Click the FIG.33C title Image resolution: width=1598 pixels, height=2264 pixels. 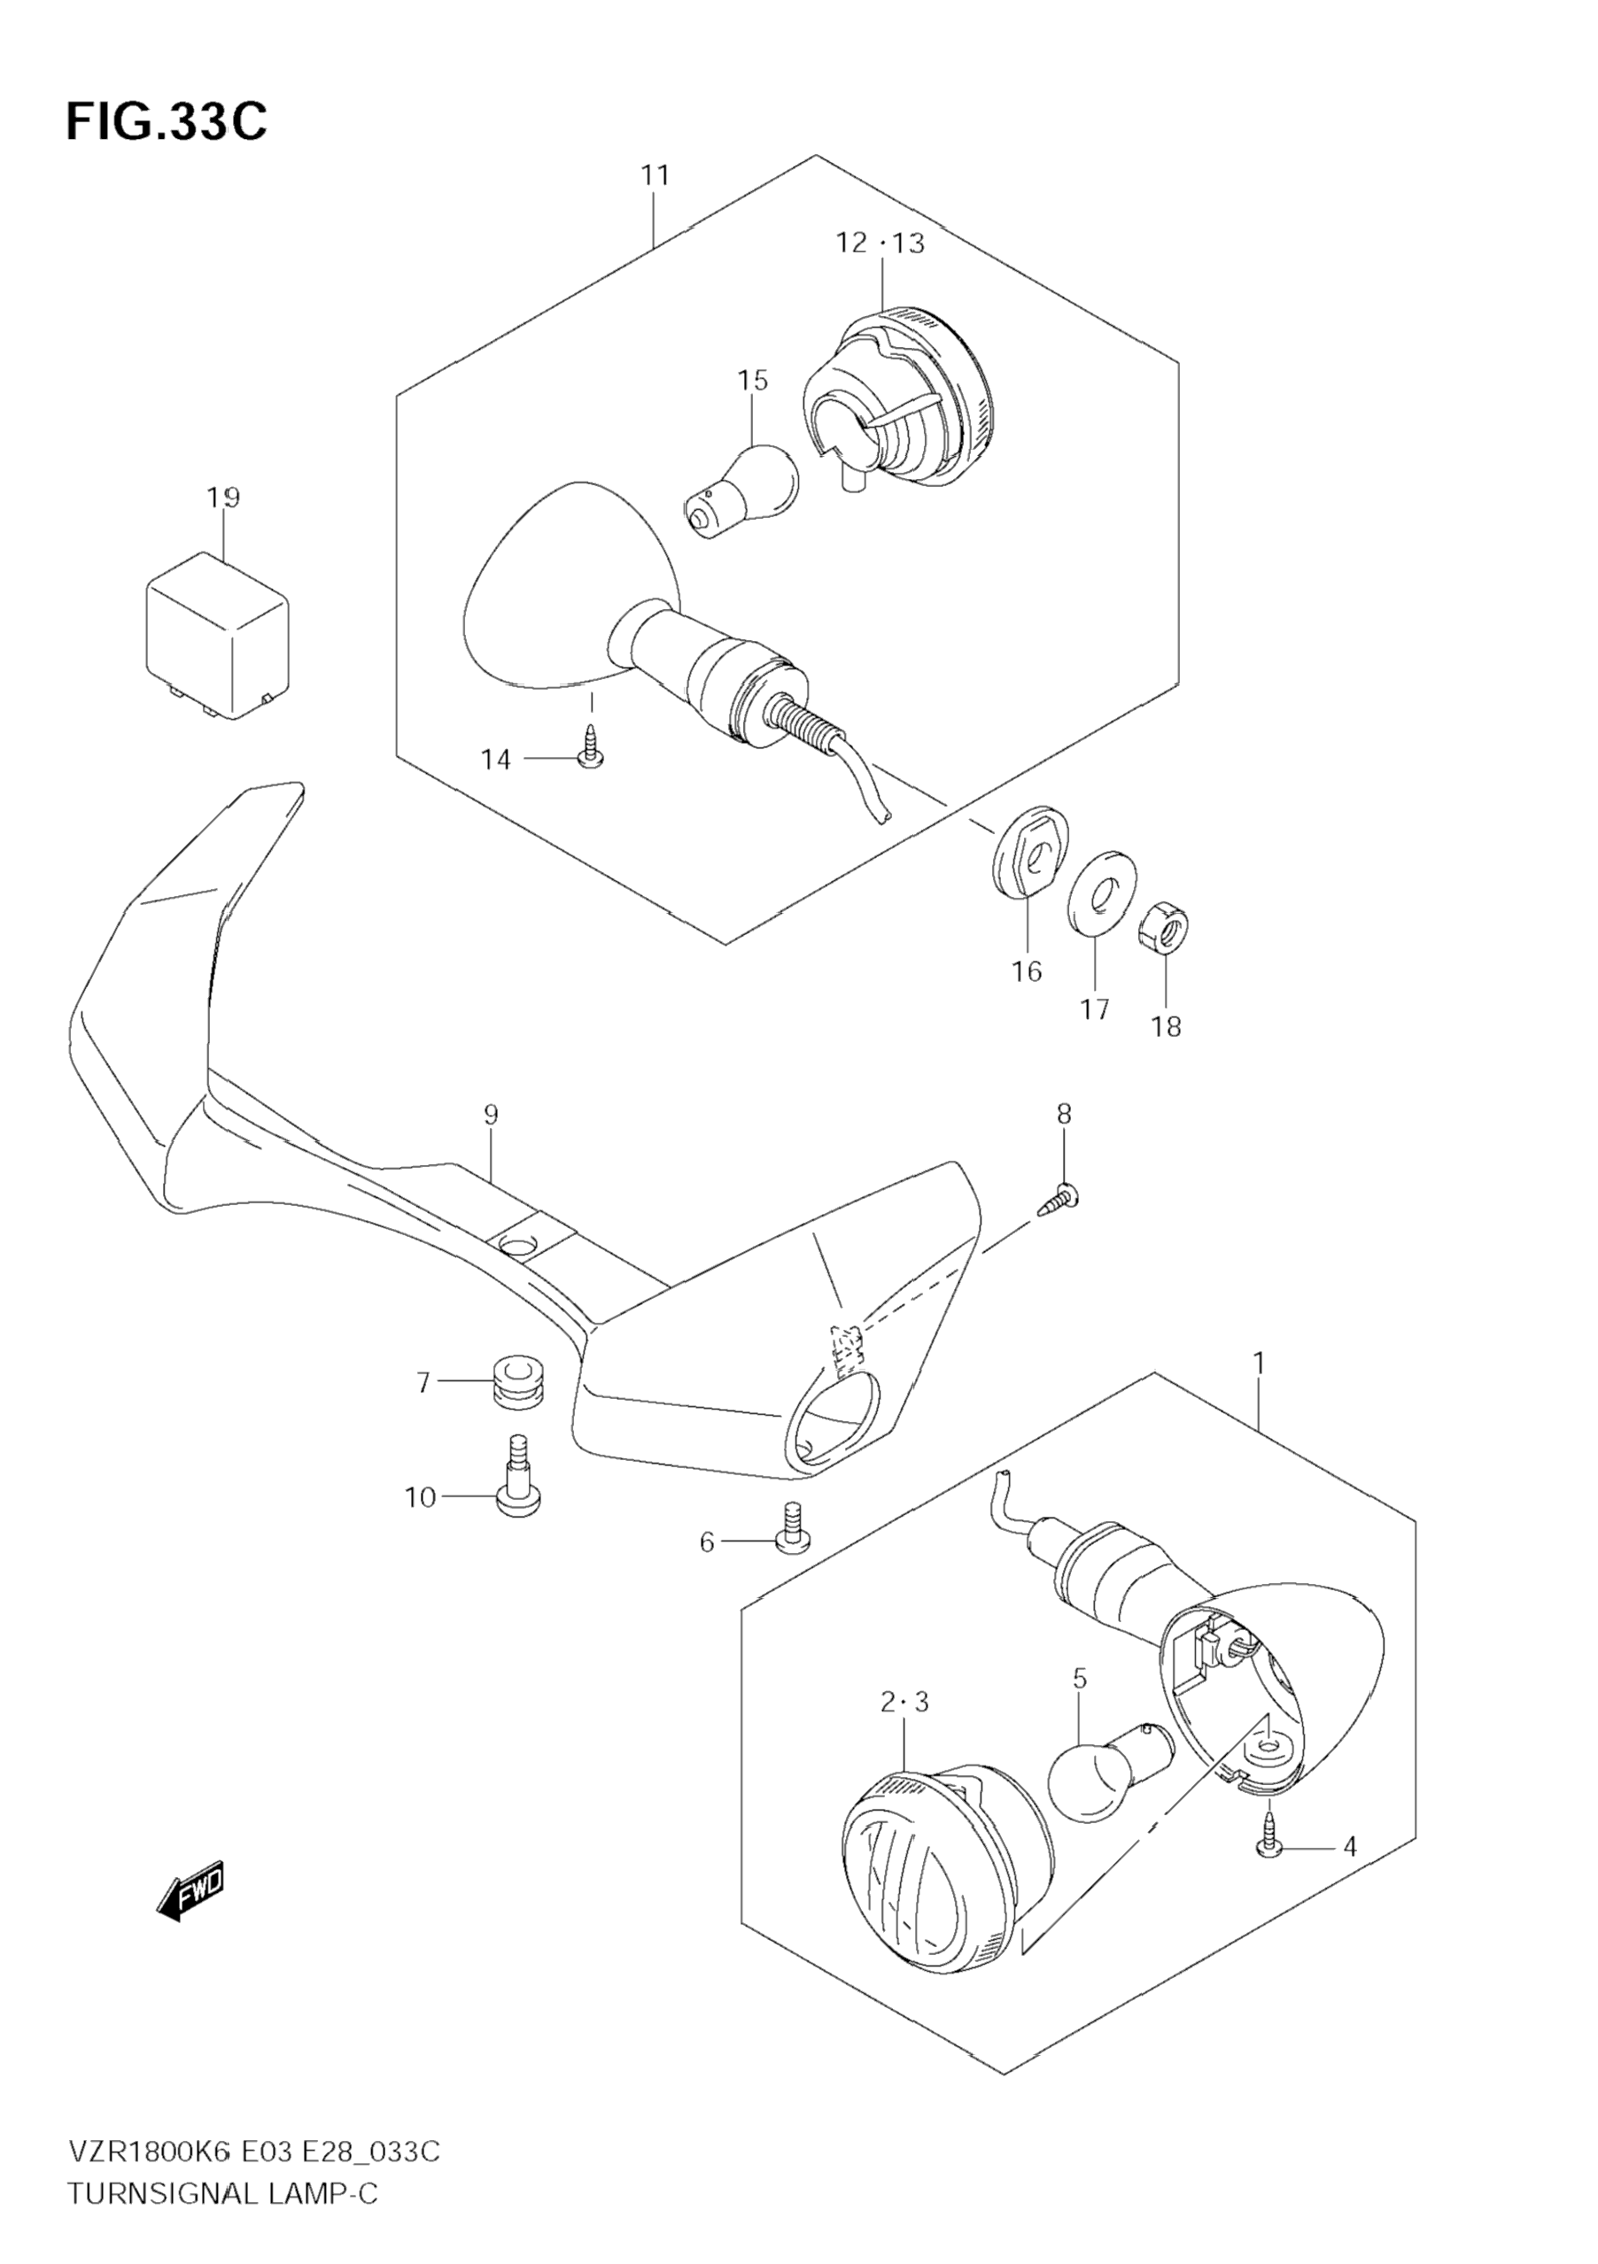(166, 122)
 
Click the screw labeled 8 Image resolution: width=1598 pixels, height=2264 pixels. (1058, 1200)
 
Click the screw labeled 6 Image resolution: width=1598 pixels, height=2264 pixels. (792, 1541)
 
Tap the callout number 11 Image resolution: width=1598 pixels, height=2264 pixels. (655, 175)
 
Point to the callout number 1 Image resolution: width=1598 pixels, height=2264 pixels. (1259, 1364)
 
